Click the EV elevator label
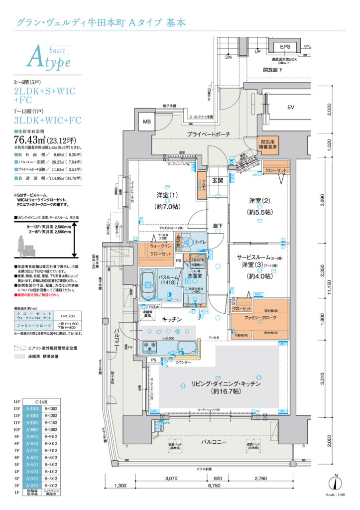(x=291, y=108)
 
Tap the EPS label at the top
(x=285, y=47)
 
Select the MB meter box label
(x=147, y=122)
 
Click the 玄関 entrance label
(x=218, y=181)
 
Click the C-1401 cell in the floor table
(x=42, y=401)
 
